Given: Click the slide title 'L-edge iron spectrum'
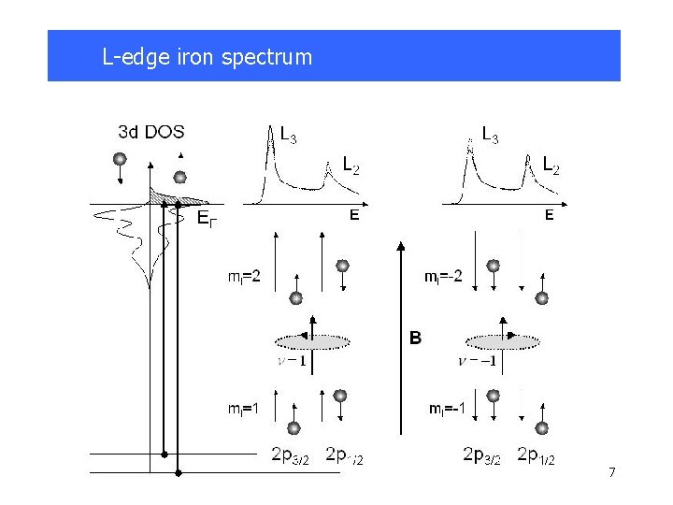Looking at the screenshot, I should pyautogui.click(x=207, y=57).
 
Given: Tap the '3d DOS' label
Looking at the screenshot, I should pyautogui.click(x=151, y=131).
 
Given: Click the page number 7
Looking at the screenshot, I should pyautogui.click(x=611, y=472).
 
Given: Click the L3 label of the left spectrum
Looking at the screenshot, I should pyautogui.click(x=290, y=134).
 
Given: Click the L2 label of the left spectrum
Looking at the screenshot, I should pyautogui.click(x=350, y=166).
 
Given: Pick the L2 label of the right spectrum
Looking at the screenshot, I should pyautogui.click(x=551, y=166).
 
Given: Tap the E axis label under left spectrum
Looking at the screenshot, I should pyautogui.click(x=354, y=215).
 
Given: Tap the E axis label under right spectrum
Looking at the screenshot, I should pyautogui.click(x=549, y=215).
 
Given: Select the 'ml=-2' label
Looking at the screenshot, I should pyautogui.click(x=443, y=277).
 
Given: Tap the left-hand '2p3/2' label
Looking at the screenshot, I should pyautogui.click(x=291, y=455).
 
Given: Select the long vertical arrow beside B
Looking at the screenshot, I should pyautogui.click(x=401, y=337).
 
